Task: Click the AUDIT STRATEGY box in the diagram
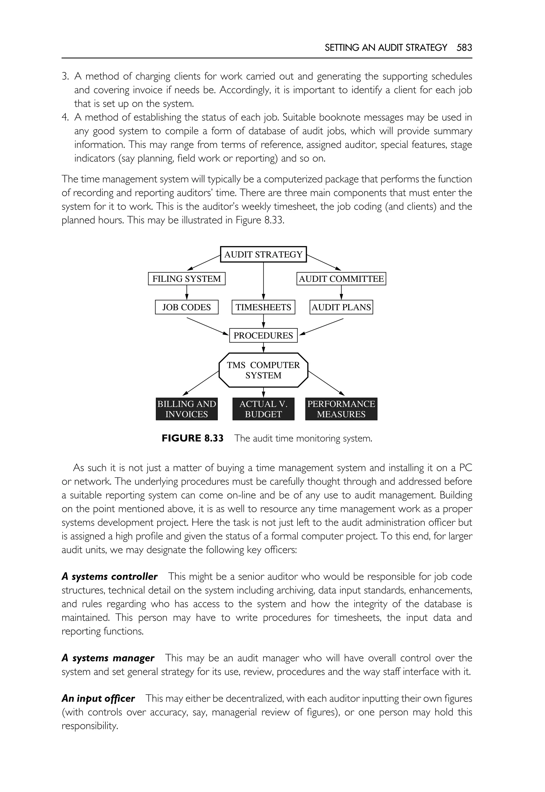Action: click(263, 254)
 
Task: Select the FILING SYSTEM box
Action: click(187, 279)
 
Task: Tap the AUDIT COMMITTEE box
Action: click(341, 279)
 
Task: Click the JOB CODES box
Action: click(187, 307)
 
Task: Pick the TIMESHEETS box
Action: click(263, 307)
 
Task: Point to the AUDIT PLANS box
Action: click(341, 307)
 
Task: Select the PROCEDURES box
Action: click(263, 335)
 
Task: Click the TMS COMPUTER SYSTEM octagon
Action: click(263, 370)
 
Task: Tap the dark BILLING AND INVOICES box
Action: click(187, 409)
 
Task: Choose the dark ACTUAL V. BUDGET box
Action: click(263, 409)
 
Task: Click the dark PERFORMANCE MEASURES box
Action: click(341, 409)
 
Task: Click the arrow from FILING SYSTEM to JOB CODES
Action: click(187, 292)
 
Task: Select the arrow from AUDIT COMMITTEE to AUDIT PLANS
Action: click(341, 292)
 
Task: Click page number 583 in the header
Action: click(464, 47)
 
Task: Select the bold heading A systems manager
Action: click(108, 658)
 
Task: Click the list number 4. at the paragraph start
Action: click(65, 117)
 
